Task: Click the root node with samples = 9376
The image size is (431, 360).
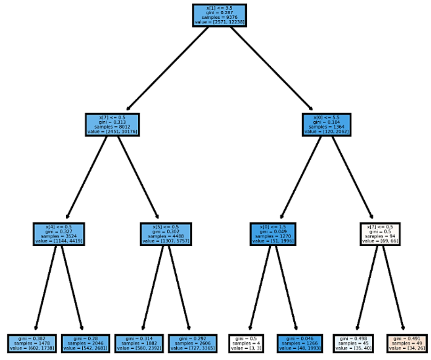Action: point(219,15)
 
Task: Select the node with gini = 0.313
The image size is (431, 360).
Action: point(112,125)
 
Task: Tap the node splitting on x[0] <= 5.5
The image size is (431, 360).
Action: point(327,125)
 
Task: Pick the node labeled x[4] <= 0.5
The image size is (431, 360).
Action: point(59,234)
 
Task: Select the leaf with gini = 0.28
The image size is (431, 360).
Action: point(85,343)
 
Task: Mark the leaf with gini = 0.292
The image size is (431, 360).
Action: point(193,343)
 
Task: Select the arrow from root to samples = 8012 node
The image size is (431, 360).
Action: point(167,68)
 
